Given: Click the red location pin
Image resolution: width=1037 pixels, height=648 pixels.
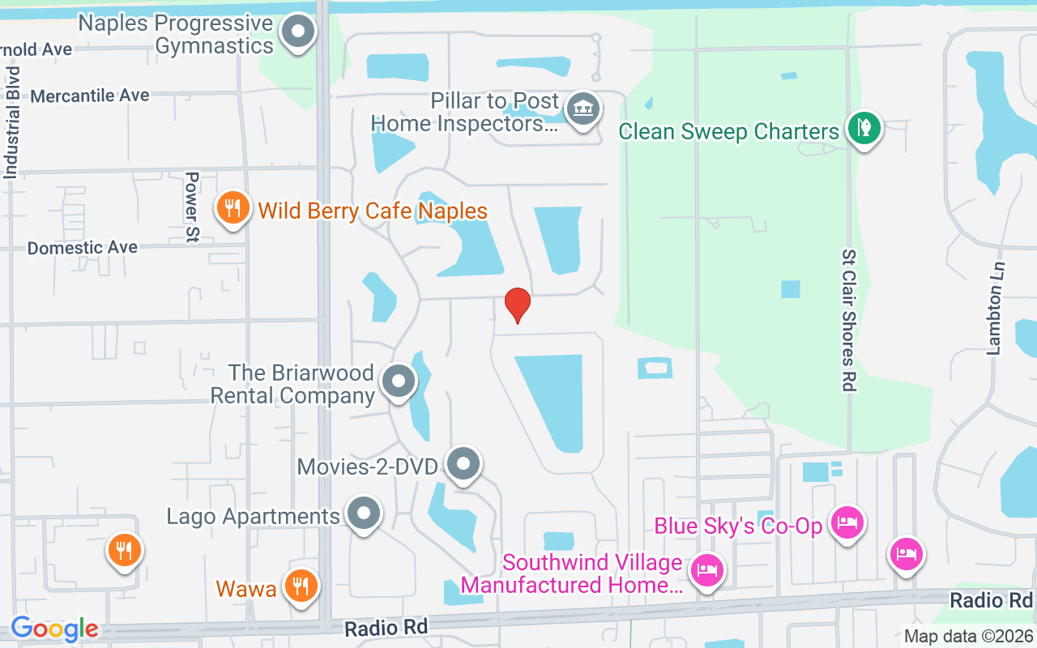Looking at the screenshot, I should coord(517,305).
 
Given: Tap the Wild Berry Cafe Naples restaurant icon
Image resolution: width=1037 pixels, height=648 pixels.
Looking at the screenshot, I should coord(233,208).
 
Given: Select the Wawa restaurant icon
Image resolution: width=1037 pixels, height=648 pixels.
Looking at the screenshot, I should coord(301,586).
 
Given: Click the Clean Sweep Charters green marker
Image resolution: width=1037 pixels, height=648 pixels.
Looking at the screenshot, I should coord(864,128).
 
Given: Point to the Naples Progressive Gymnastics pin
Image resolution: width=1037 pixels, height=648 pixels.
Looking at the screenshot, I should coord(298,32).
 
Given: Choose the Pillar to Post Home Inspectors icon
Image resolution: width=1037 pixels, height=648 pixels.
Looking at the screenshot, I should coord(582,109).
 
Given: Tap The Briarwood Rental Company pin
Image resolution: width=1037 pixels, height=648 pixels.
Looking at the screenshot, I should coord(398,382).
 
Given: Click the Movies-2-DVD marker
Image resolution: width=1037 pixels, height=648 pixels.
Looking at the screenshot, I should coord(463,465).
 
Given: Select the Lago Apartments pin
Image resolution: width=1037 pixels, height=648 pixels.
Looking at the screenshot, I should coord(364,514).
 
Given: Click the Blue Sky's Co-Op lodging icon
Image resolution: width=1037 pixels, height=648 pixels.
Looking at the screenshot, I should coord(847,522).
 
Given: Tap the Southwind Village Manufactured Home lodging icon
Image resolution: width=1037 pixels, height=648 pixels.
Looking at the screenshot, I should coord(707,570).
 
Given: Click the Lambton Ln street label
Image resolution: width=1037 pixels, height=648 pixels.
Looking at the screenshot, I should coord(996,308).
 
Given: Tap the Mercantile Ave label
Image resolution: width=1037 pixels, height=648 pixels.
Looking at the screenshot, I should coord(90,96).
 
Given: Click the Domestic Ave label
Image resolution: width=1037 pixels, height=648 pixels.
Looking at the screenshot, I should coord(83,248).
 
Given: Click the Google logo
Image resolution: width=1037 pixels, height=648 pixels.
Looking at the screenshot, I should coord(54,629).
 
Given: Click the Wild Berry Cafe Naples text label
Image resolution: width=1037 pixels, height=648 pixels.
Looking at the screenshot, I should coord(373,211).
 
